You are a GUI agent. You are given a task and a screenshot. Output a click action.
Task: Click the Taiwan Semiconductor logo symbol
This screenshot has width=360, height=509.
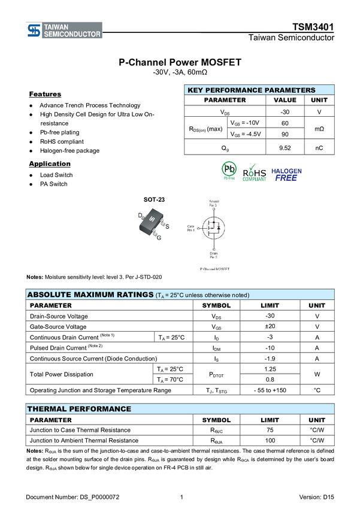(34, 31)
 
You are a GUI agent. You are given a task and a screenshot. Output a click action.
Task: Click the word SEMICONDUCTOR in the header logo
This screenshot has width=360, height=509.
(72, 35)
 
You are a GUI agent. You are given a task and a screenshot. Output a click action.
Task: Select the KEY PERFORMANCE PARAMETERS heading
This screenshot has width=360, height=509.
(251, 90)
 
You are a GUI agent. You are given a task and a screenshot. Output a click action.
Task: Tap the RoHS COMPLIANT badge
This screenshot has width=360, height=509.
(255, 172)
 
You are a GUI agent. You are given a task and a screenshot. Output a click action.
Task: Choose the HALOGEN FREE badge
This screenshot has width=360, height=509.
(286, 174)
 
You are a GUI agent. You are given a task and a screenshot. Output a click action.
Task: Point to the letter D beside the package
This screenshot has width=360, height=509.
(140, 215)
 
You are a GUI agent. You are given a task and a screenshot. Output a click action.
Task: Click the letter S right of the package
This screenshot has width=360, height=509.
(167, 226)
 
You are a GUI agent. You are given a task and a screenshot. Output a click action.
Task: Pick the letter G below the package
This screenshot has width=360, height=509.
(159, 238)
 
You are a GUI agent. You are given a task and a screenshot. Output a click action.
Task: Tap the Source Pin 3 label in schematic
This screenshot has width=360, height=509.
(213, 202)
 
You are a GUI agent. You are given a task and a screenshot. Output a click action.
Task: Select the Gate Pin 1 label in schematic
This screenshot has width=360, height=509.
(191, 228)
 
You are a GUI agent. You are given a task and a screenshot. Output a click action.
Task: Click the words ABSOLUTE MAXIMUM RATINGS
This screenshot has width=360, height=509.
(90, 295)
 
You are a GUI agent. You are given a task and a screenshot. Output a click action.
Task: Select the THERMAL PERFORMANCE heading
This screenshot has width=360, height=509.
(78, 409)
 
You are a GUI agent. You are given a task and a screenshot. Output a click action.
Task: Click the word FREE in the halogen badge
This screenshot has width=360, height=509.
(286, 178)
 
